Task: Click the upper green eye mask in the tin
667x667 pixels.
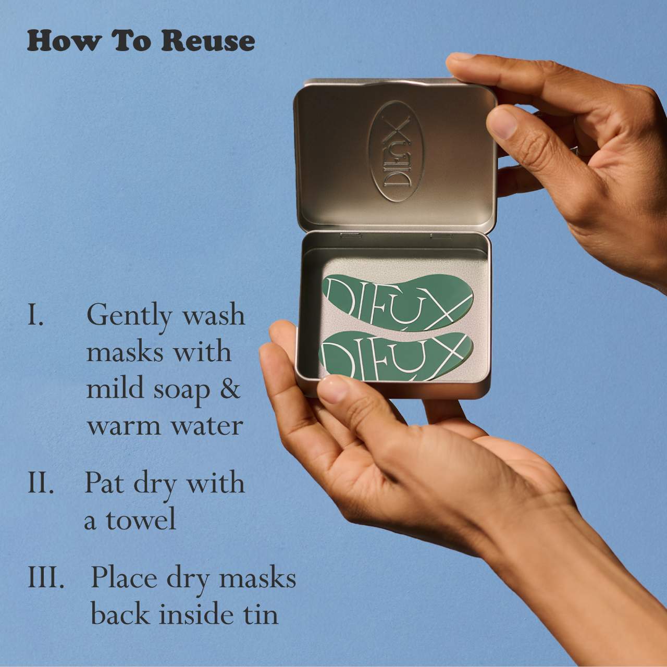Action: click(x=397, y=303)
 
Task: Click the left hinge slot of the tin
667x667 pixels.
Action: click(x=351, y=236)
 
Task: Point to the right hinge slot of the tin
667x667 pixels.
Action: click(x=441, y=236)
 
